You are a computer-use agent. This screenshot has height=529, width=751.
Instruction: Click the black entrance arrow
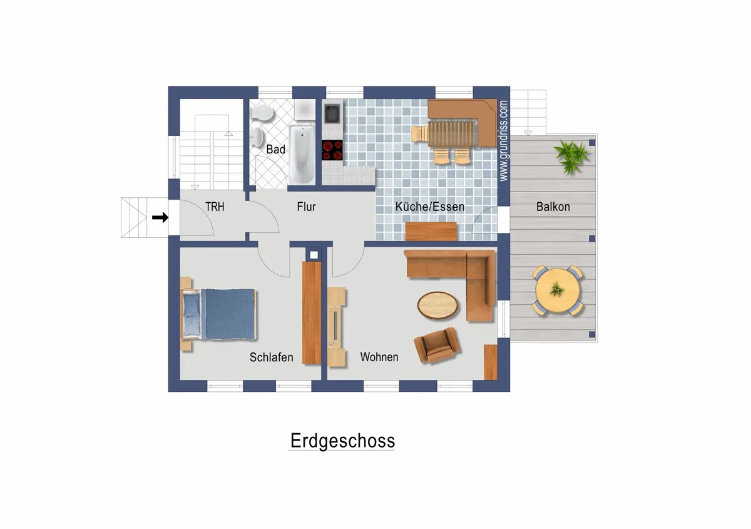point(160,218)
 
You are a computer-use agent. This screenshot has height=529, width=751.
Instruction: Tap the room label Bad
point(275,150)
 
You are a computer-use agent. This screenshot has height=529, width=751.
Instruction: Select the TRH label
point(214,207)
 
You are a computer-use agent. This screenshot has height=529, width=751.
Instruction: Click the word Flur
point(306,207)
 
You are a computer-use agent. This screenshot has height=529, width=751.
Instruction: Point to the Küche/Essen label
point(429,207)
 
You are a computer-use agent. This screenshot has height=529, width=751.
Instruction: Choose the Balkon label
point(553,207)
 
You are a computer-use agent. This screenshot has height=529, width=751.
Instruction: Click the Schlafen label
point(271,357)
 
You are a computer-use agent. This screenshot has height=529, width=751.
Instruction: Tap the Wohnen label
point(379,357)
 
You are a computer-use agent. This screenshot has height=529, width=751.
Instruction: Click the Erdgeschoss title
point(342,441)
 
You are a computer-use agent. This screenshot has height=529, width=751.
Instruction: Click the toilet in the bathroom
point(262,112)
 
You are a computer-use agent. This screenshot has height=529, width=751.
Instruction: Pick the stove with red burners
point(333,150)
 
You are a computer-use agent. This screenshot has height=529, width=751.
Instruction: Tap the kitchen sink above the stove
point(332,113)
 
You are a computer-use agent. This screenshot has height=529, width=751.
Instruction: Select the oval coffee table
point(437,306)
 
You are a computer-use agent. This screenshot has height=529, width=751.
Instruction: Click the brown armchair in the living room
point(436,345)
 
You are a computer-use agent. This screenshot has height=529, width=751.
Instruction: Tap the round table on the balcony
point(556,290)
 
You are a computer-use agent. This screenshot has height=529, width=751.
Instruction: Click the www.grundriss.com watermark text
point(504,141)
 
